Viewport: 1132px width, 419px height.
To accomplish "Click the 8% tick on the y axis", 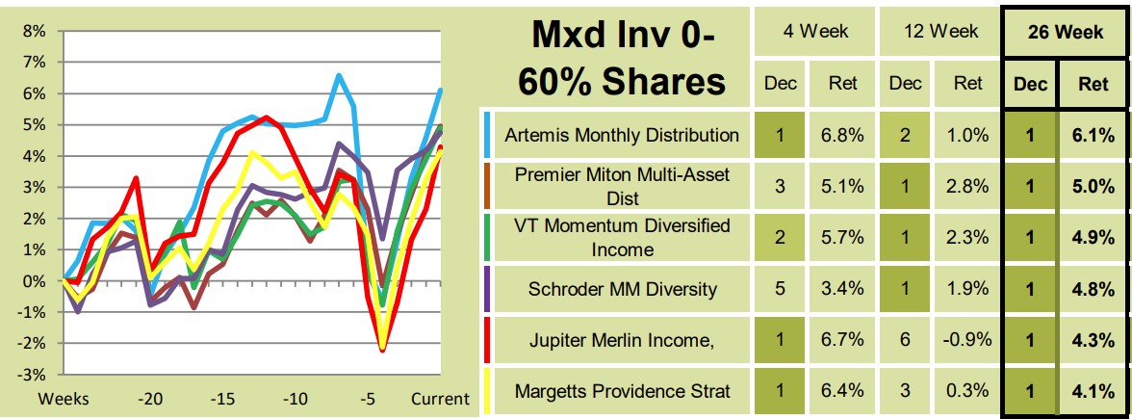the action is point(35,31).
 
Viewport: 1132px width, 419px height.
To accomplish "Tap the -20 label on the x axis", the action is point(149,398).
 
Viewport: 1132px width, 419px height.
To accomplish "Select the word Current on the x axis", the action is point(441,398).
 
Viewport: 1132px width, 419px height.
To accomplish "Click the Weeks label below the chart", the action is point(64,398).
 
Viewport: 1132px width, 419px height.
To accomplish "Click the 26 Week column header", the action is point(1066,32).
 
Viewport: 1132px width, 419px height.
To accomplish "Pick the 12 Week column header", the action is point(938,32).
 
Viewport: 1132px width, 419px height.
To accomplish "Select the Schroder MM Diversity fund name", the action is point(622,290).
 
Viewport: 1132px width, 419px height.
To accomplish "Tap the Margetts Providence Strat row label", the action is point(622,392).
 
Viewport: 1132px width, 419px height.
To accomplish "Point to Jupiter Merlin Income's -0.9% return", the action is point(968,340).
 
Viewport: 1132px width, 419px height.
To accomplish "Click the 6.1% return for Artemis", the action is point(1093,135).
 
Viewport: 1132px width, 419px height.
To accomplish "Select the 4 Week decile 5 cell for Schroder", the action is point(779,290).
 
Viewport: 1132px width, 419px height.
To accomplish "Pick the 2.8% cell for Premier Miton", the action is point(968,187).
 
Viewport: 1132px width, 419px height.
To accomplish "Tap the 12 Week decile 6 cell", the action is point(905,340).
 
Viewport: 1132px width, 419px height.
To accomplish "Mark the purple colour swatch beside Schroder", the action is point(489,290).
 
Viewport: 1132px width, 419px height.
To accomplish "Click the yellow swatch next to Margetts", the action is point(489,392).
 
